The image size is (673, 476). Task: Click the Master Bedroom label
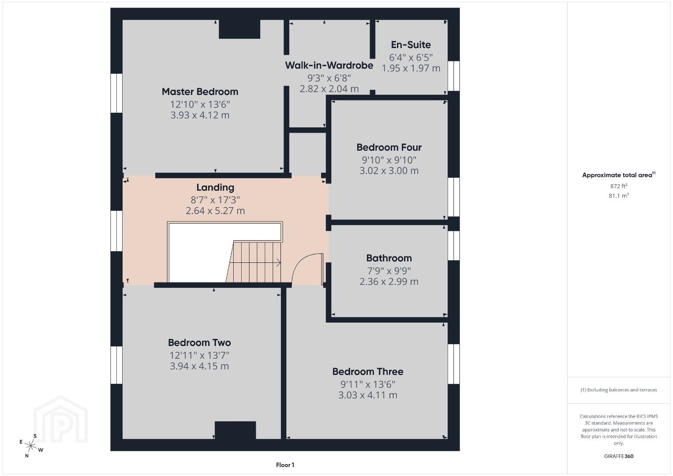pos(200,92)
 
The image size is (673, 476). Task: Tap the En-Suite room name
pos(411,45)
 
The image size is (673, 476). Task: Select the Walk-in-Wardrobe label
pos(329,65)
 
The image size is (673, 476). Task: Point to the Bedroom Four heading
pos(389,147)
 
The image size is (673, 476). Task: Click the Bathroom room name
pos(389,258)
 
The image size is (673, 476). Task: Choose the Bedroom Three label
pos(368,372)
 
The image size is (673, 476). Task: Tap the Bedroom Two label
pos(199,342)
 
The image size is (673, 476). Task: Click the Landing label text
pos(215,187)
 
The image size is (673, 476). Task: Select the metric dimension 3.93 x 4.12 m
pos(200,115)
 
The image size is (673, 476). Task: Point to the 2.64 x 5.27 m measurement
pos(215,211)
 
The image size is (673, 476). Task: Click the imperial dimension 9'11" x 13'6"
pos(368,384)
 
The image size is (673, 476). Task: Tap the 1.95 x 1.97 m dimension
pos(411,68)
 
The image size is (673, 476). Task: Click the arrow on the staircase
pos(255,263)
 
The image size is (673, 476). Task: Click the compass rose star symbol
pos(30,446)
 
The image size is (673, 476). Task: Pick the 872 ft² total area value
pos(618,186)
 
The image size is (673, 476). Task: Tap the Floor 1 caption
pos(285,465)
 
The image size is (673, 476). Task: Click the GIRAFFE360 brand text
pos(619,456)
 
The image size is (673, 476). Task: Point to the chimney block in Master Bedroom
pos(239,29)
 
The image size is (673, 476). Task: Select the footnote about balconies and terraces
pos(619,390)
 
